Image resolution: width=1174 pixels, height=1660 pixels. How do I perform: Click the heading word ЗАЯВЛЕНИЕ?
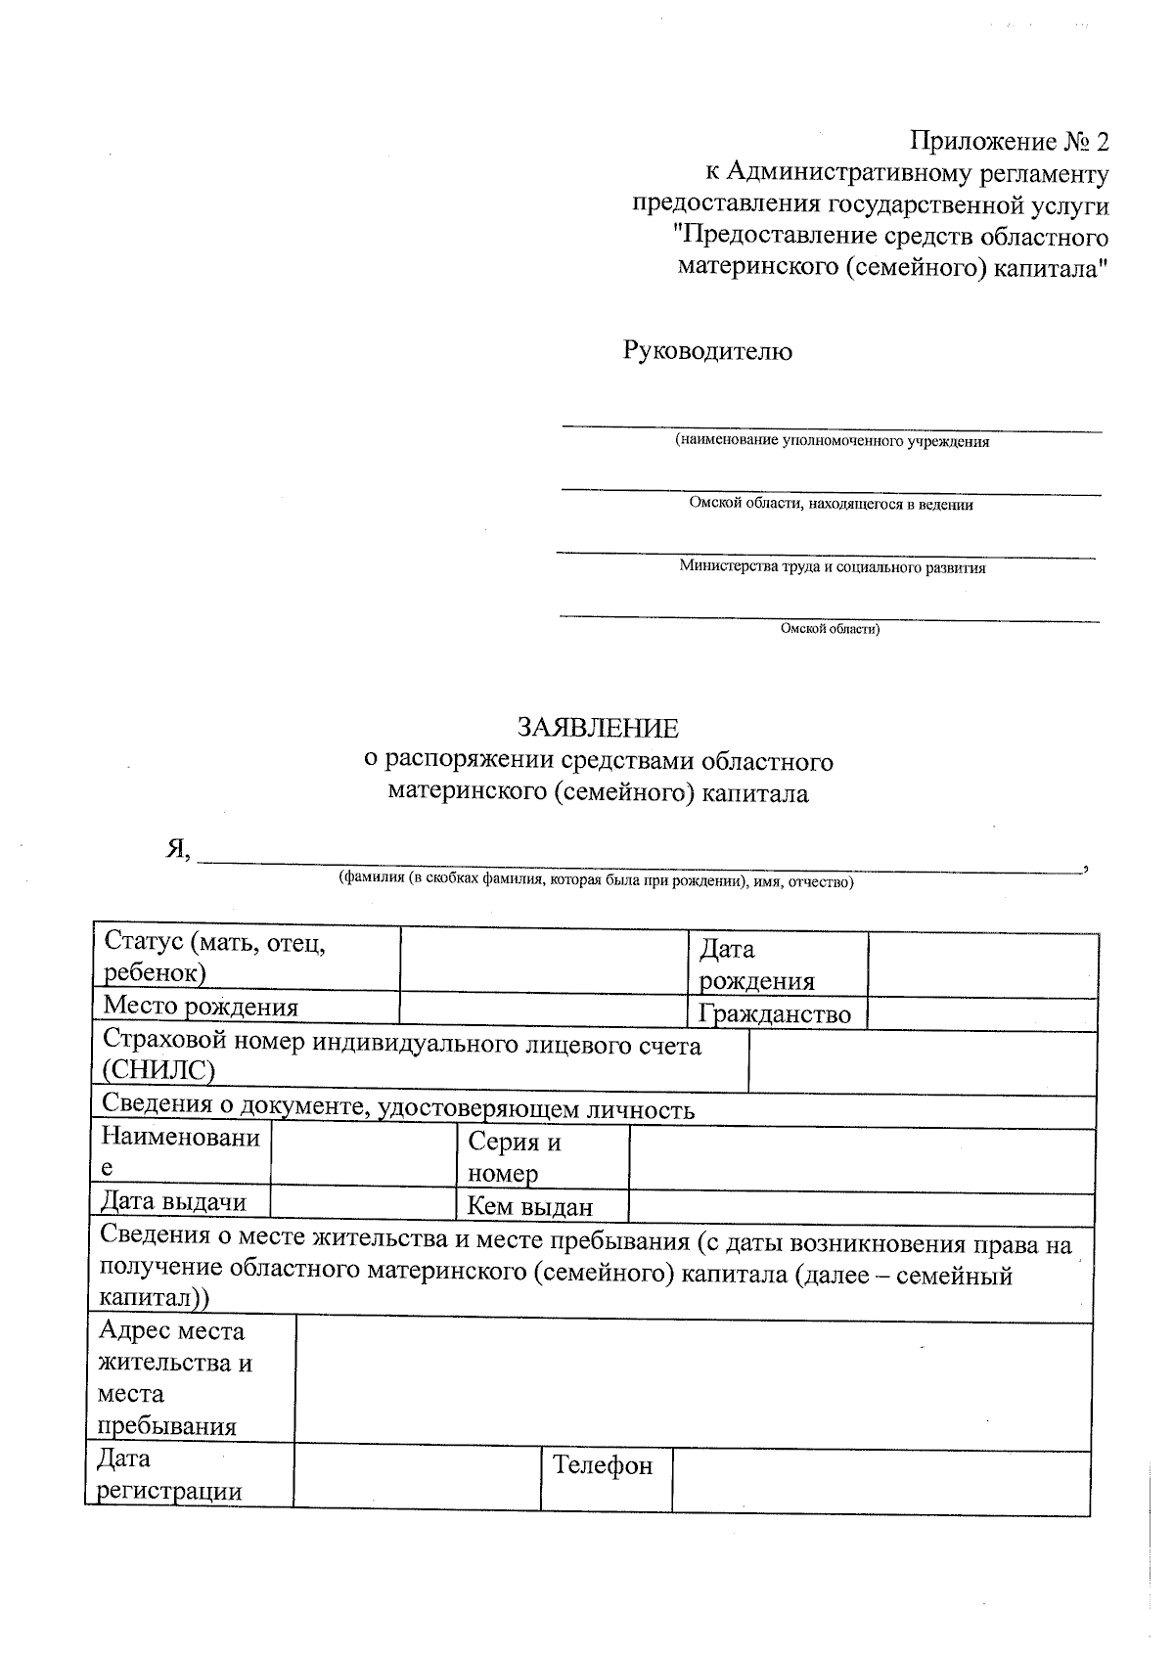(x=597, y=728)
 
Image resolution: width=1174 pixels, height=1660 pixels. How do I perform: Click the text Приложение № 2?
(x=1011, y=142)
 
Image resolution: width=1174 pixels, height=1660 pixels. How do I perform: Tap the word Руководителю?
(x=707, y=351)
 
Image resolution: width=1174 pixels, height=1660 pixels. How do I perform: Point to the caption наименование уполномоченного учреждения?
(x=832, y=442)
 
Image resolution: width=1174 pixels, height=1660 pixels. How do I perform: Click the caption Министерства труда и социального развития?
(x=832, y=567)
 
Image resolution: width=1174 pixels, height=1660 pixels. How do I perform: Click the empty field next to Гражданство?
(x=981, y=1013)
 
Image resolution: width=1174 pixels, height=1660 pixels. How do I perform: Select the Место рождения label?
(x=201, y=1006)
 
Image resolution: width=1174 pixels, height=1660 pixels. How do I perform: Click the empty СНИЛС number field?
(x=922, y=1062)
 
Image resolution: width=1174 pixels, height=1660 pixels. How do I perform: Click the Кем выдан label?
(x=530, y=1206)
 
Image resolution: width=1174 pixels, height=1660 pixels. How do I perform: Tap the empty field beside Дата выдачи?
(x=362, y=1201)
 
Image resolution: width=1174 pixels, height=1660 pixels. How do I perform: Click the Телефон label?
(x=603, y=1465)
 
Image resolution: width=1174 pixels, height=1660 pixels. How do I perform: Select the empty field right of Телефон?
(x=880, y=1480)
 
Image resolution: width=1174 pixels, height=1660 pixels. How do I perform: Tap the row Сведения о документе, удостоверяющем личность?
(x=398, y=1109)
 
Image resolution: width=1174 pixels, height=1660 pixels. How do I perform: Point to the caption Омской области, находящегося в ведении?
(x=832, y=505)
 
